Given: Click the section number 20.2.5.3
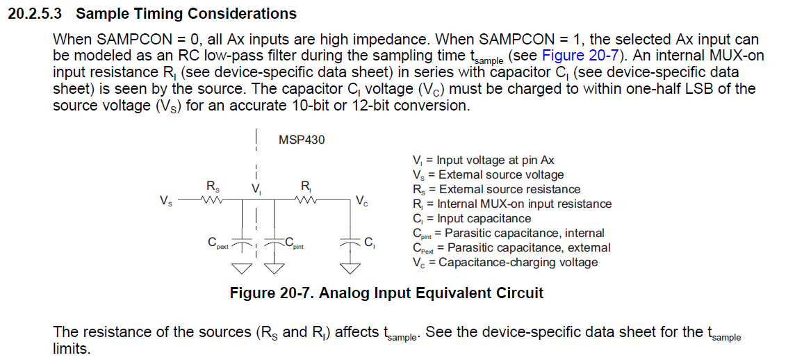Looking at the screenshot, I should coord(34,14).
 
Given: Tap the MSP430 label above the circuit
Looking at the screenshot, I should coord(302,140).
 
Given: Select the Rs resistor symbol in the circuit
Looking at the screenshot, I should coord(211,200).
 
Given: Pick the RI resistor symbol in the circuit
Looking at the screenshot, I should coord(306,200).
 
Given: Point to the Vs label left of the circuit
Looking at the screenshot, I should coord(166,202).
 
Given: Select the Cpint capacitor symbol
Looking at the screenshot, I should coord(276,243).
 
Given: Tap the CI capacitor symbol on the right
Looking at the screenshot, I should coord(349,243).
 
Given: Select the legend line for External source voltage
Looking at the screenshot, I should coord(488,174).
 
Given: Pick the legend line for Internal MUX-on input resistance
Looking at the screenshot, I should coord(511,204).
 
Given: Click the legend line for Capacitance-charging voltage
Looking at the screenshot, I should coord(505,262).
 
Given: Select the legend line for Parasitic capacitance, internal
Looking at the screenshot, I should coord(508,233).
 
